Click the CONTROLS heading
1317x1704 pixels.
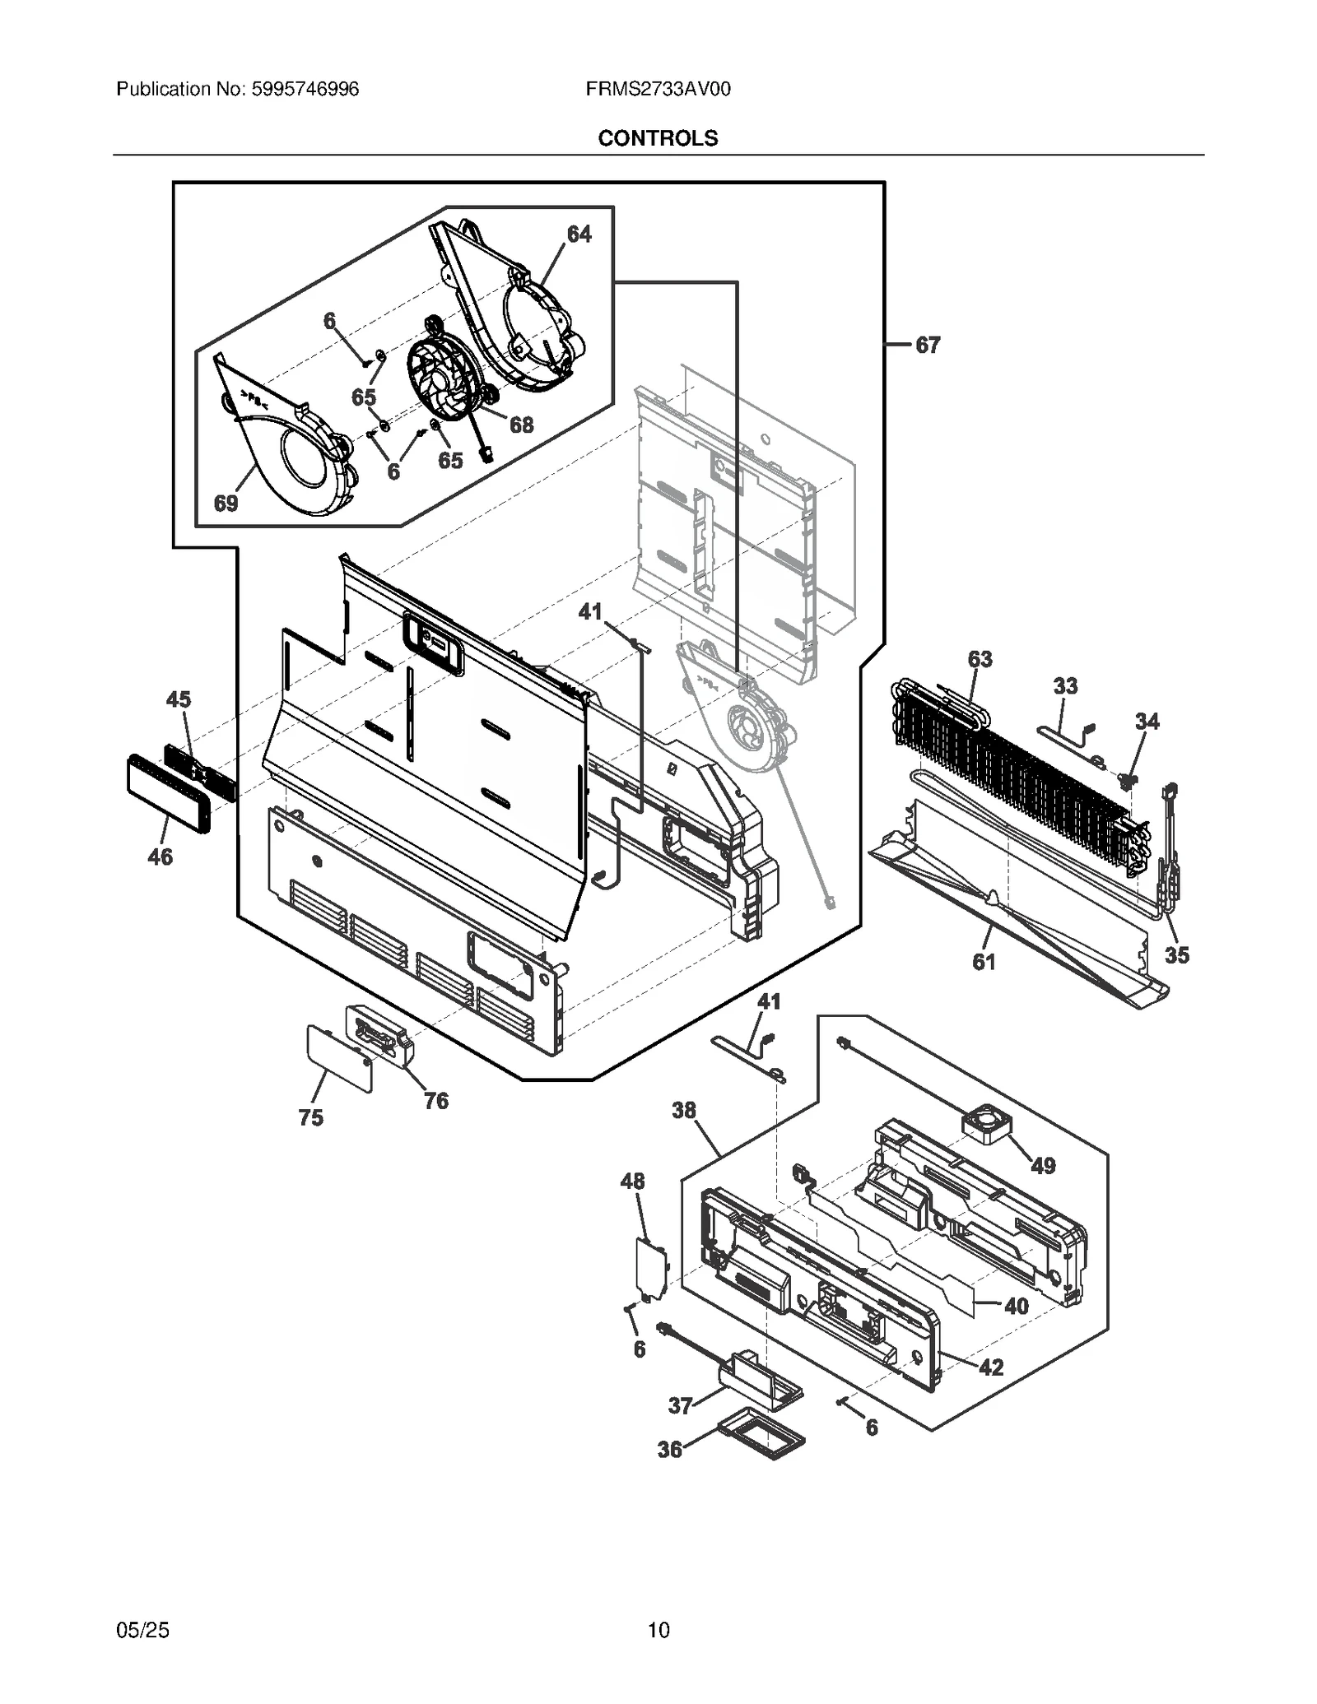(x=658, y=138)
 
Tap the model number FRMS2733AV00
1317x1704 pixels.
(x=658, y=89)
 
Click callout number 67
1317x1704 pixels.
(x=928, y=346)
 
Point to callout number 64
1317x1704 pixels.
(x=579, y=234)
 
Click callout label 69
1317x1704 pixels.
(x=226, y=504)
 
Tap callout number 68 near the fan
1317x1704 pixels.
(x=521, y=425)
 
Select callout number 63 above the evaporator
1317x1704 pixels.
(x=980, y=659)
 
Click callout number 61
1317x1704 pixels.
(x=984, y=961)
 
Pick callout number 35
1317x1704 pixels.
(x=1176, y=954)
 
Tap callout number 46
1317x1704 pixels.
(x=160, y=857)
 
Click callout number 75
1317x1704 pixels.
(x=310, y=1117)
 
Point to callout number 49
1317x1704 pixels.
(x=1043, y=1166)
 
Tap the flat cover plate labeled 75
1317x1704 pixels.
(x=339, y=1058)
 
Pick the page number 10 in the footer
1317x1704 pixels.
(x=658, y=1630)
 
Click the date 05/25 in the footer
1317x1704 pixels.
(x=143, y=1630)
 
